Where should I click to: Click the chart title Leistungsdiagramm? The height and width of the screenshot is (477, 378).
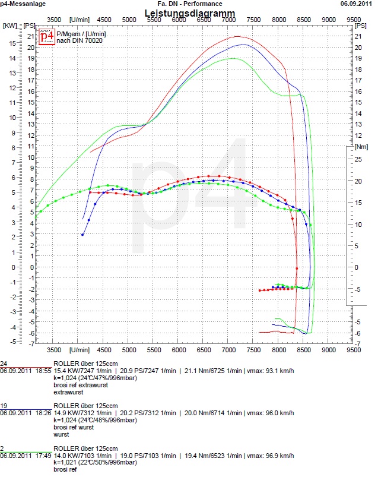coord(189,13)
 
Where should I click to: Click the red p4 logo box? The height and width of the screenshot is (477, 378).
coord(47,36)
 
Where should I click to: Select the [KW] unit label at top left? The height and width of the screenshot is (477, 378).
coord(9,26)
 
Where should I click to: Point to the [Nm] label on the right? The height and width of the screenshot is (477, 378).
coord(361,146)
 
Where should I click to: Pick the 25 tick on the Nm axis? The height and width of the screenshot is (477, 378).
coord(358,159)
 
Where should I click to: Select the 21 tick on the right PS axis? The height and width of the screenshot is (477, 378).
coord(358,36)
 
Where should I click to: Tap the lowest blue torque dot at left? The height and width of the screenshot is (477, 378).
coord(82,235)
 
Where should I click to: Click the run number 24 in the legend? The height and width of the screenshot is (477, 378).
coord(4,363)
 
